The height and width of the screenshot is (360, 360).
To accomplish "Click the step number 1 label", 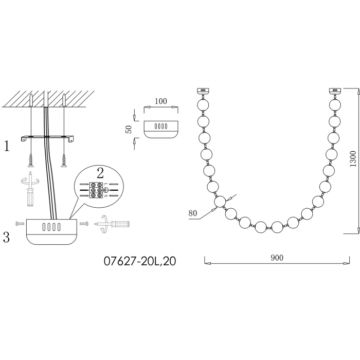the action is [x=7, y=146].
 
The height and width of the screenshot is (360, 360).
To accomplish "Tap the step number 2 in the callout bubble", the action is [x=100, y=173].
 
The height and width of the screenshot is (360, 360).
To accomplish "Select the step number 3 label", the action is [x=6, y=237].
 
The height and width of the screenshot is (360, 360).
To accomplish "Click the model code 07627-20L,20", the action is [x=140, y=261].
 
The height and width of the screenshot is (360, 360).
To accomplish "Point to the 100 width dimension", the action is [x=160, y=101].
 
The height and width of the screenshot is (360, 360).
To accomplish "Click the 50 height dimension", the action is [x=129, y=129].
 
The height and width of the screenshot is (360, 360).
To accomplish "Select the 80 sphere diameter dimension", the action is [x=193, y=213].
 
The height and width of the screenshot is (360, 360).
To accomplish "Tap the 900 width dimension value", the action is [x=277, y=258].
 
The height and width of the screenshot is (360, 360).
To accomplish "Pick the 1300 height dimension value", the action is [x=353, y=159].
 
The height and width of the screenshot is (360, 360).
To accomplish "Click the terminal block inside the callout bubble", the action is [x=96, y=190].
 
